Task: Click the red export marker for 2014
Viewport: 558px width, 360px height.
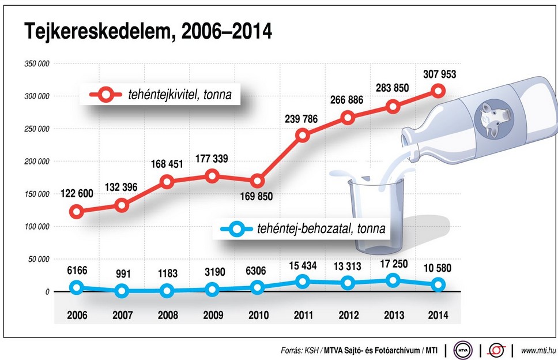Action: click(439, 91)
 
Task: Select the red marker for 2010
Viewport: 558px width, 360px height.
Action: click(258, 181)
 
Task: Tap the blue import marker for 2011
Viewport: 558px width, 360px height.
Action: click(303, 282)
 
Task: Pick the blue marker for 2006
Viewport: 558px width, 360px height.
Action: click(76, 287)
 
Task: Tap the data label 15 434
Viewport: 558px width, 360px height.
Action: click(303, 265)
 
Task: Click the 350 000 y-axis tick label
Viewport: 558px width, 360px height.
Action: click(36, 63)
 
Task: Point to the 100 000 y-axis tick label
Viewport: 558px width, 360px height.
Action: click(36, 227)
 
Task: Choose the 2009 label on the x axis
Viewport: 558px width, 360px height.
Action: click(213, 316)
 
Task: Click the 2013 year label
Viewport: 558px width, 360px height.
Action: click(394, 316)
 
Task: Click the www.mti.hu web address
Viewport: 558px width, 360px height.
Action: click(537, 350)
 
